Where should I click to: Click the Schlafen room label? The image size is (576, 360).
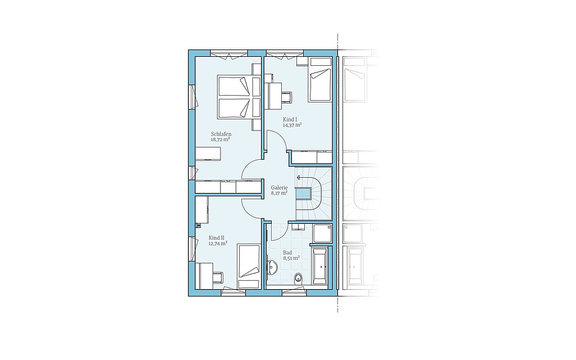[x=221, y=134]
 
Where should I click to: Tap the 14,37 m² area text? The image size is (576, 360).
[x=292, y=125]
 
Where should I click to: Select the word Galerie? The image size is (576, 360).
[x=279, y=187]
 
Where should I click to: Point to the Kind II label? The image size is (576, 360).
[x=217, y=238]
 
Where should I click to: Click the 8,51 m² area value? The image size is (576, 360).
[x=291, y=258]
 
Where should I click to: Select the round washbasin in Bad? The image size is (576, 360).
[x=272, y=267]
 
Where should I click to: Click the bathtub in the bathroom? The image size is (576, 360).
[x=319, y=266]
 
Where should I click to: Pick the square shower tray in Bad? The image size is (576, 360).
[x=322, y=233]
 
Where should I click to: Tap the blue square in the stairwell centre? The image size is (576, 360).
[x=304, y=193]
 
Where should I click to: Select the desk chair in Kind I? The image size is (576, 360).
[x=286, y=97]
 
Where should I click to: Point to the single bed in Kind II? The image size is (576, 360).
[x=249, y=266]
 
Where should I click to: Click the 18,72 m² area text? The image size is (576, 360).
[x=220, y=139]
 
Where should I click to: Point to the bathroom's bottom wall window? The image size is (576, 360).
[x=294, y=292]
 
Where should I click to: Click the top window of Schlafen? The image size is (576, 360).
[x=229, y=53]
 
